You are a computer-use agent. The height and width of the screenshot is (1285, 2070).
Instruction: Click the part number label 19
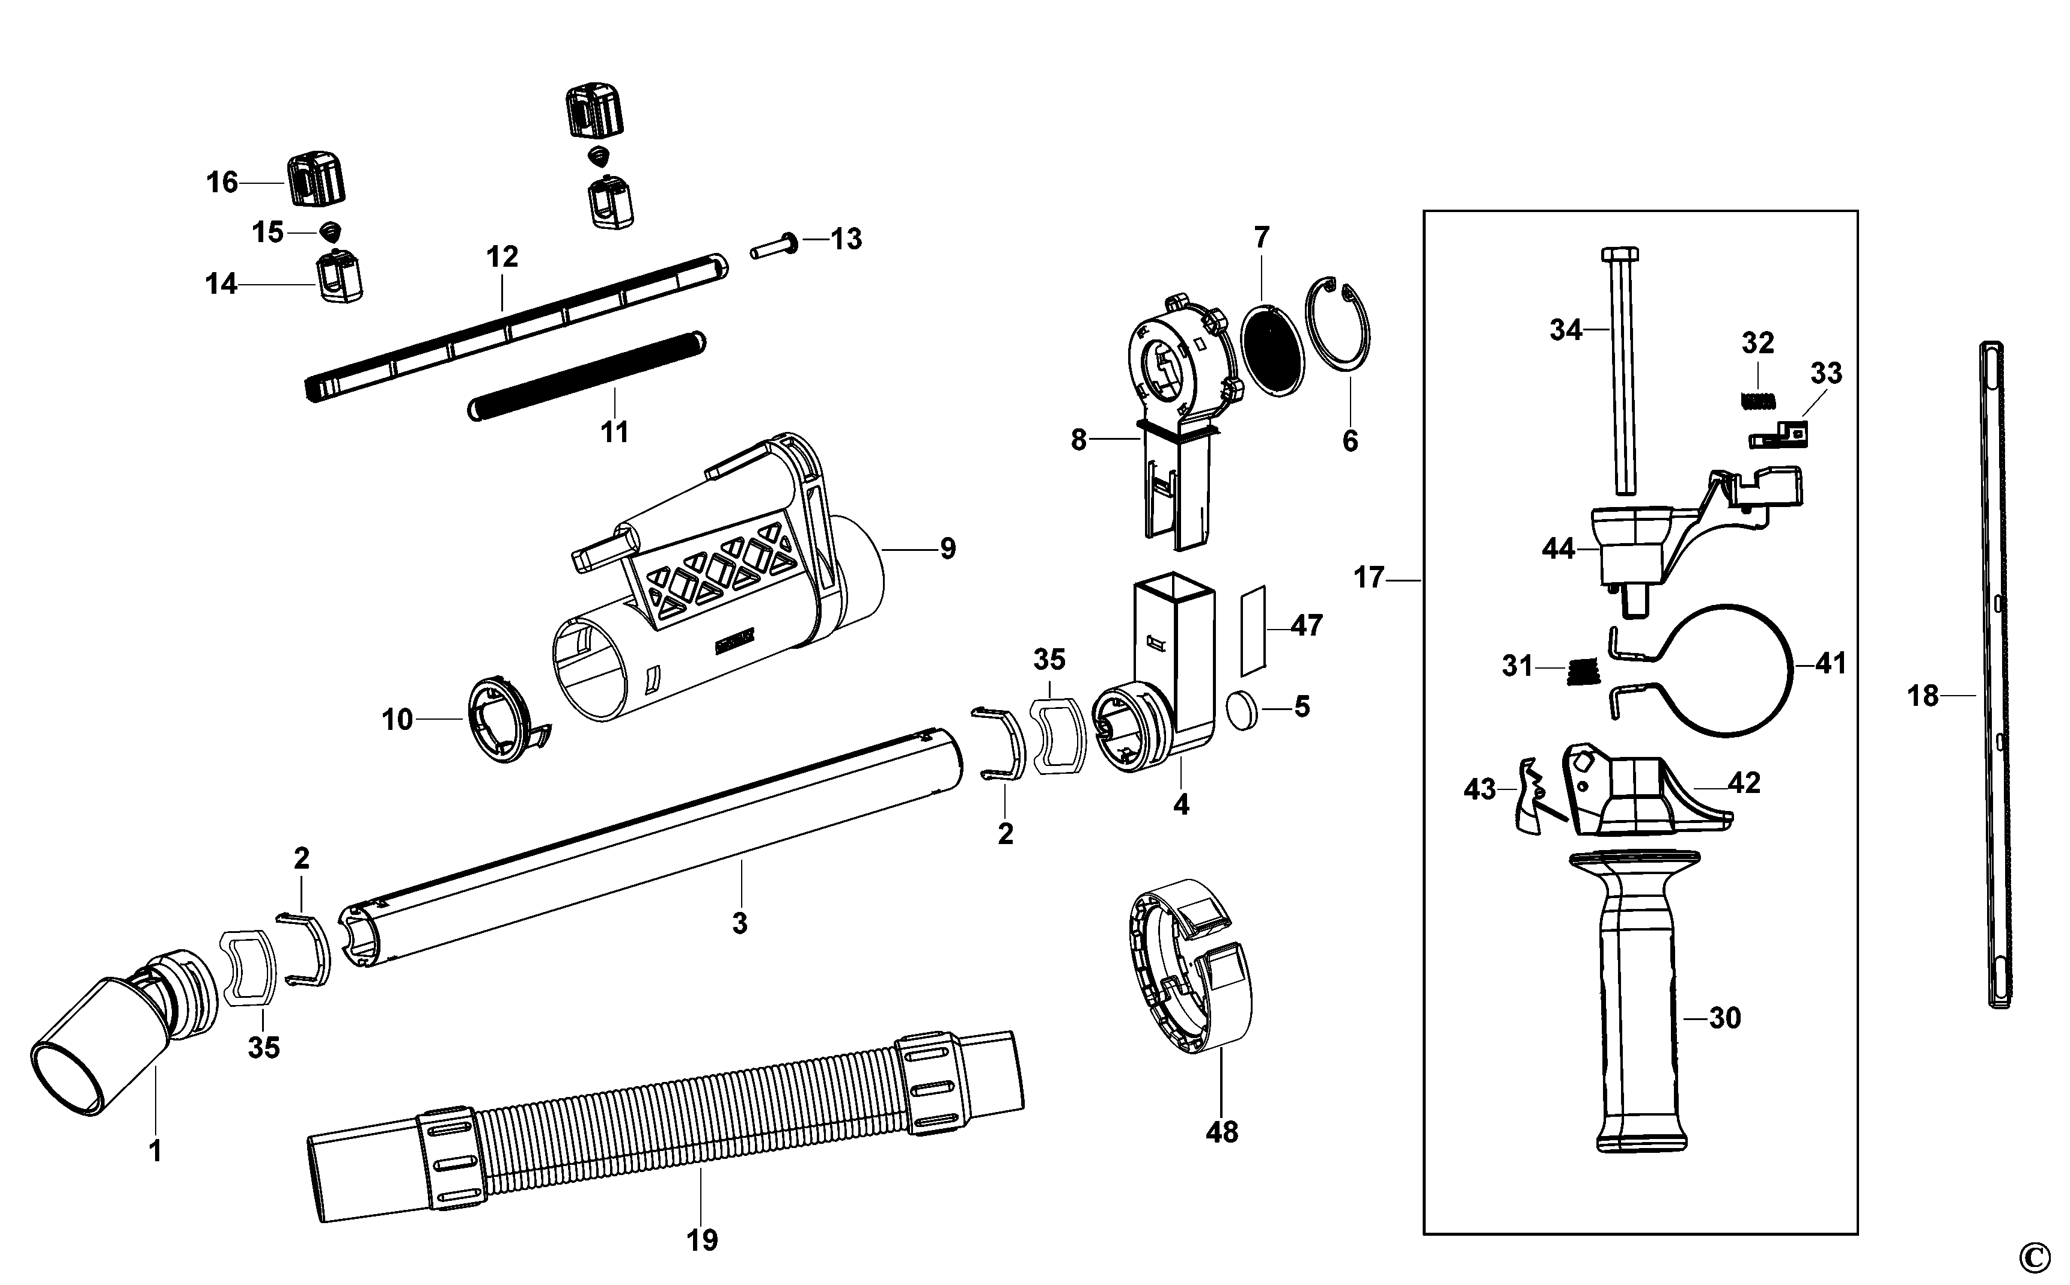pyautogui.click(x=702, y=1241)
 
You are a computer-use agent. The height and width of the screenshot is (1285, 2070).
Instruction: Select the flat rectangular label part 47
pyautogui.click(x=1252, y=627)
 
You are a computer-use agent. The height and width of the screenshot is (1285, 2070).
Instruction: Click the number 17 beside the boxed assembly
pyautogui.click(x=1369, y=578)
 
